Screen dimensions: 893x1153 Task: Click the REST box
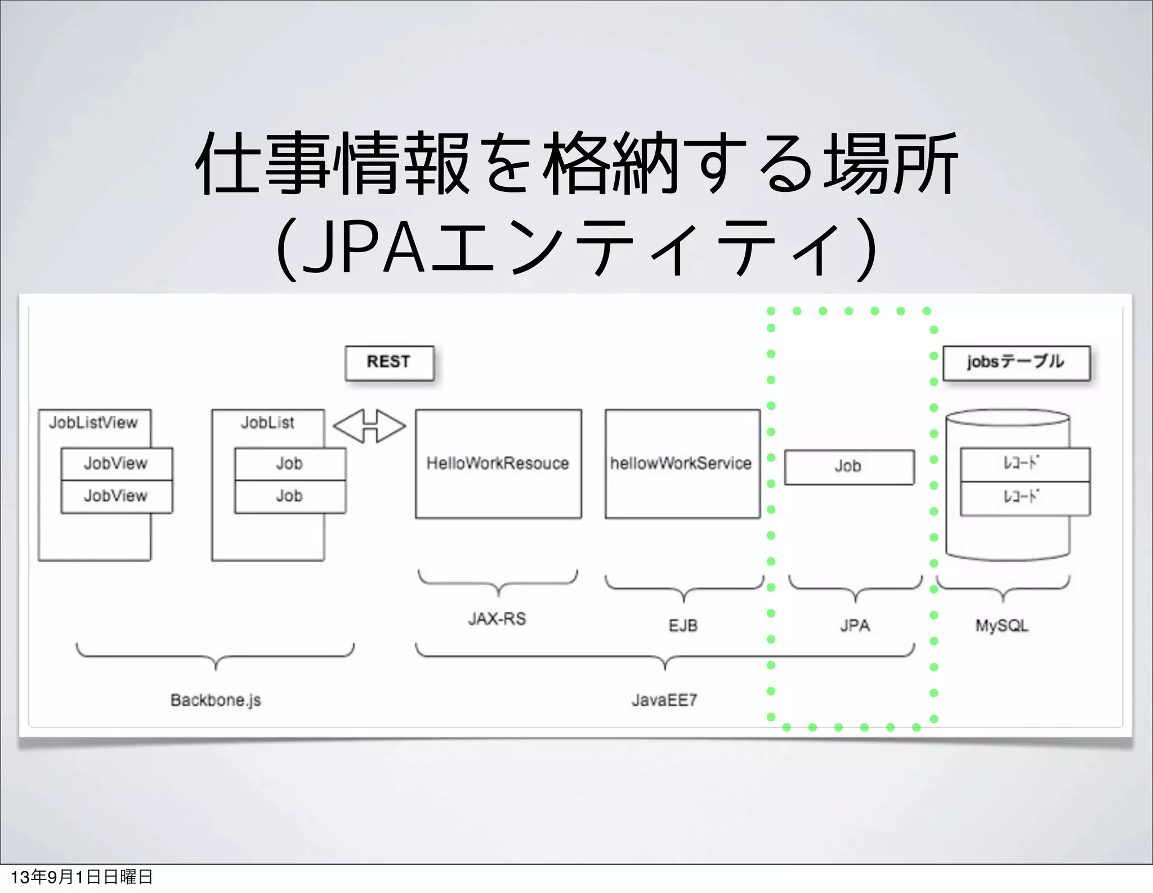(x=389, y=363)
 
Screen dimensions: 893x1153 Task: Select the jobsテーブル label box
(x=1016, y=363)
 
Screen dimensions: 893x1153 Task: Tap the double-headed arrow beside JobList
(x=369, y=426)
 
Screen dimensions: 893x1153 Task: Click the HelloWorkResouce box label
(x=498, y=463)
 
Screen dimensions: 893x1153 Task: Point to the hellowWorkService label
(x=681, y=463)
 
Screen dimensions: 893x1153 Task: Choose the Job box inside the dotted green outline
(x=848, y=466)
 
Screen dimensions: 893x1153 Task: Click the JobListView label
(x=93, y=423)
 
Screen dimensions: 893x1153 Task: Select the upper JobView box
(x=116, y=464)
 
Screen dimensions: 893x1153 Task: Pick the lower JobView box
(x=116, y=496)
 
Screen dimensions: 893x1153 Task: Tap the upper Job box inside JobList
(x=289, y=464)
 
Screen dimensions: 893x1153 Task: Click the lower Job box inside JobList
(x=289, y=496)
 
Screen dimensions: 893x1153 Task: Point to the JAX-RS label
(x=497, y=619)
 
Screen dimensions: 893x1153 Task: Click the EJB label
(x=683, y=626)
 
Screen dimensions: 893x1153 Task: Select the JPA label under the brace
(x=855, y=626)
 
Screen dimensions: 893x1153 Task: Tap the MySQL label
(x=1002, y=626)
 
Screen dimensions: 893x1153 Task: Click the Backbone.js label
(x=216, y=700)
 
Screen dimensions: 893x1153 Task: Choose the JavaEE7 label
(x=664, y=700)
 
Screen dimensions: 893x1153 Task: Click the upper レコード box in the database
(x=1025, y=464)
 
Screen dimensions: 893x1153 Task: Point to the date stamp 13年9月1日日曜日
(x=82, y=877)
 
